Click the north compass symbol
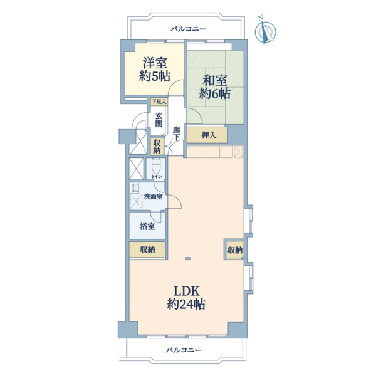(265, 31)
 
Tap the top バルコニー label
(188, 29)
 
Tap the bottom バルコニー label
(184, 350)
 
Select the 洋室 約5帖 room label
(155, 70)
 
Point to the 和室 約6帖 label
(214, 87)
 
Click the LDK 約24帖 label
(186, 298)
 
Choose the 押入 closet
(207, 135)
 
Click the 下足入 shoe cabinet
(159, 102)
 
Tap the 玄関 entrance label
(159, 120)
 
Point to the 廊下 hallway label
(177, 134)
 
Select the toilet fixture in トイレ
(156, 166)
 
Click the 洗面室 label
(154, 197)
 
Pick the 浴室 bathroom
(147, 226)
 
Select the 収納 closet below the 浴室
(147, 249)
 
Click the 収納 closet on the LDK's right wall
(235, 250)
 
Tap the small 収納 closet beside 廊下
(157, 147)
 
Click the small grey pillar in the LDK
(188, 258)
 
